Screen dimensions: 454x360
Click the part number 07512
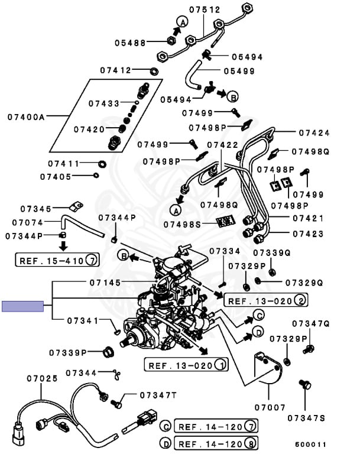(205, 9)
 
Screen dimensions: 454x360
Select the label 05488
(131, 42)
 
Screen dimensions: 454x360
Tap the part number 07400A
(26, 117)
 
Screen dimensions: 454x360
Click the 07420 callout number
(89, 129)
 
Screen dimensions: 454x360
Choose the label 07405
(56, 176)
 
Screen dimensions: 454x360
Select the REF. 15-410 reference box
(58, 260)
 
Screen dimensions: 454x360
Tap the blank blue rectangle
(23, 306)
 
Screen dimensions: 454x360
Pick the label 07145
(105, 283)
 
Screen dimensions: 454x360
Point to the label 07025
(41, 377)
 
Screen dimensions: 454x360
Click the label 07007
(271, 407)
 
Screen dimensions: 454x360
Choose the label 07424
(314, 133)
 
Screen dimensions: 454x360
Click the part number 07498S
(183, 224)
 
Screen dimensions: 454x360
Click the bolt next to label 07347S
(306, 385)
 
